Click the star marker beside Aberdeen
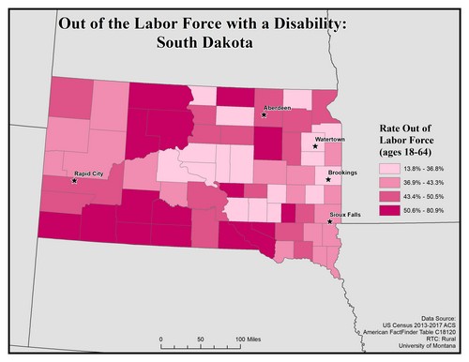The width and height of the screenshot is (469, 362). point(265,114)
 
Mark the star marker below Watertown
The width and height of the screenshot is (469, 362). point(315,146)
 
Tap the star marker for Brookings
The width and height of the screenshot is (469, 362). point(327,180)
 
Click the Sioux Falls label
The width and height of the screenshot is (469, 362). point(343,214)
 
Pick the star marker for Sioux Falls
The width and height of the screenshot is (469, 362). point(329,221)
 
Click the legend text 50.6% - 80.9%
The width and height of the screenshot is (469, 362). point(424,209)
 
